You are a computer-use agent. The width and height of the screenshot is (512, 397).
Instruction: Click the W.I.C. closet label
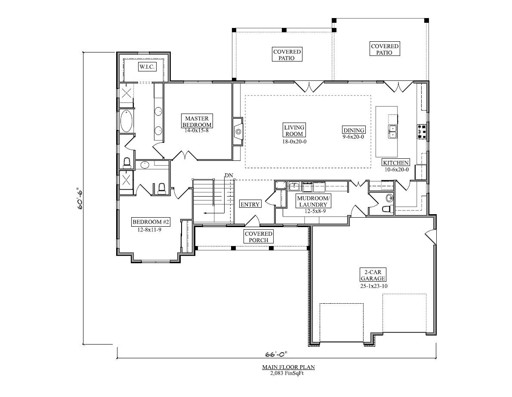pyautogui.click(x=146, y=67)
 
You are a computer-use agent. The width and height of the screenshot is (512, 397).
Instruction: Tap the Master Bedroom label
pyautogui.click(x=197, y=122)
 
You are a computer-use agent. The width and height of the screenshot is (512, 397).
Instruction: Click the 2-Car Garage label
pyautogui.click(x=373, y=275)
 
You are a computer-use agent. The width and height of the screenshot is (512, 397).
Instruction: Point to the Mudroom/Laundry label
pyautogui.click(x=313, y=201)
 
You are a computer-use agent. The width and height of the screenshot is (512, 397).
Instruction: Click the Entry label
pyautogui.click(x=250, y=204)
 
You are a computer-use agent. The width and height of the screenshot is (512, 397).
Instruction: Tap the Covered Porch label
pyautogui.click(x=258, y=237)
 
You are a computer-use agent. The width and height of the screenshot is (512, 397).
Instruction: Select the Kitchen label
pyautogui.click(x=396, y=162)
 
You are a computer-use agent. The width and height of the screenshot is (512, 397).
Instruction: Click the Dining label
pyautogui.click(x=354, y=130)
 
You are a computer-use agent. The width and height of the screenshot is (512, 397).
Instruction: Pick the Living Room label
pyautogui.click(x=294, y=130)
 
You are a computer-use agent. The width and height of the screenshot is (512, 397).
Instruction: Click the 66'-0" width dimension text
pyautogui.click(x=276, y=355)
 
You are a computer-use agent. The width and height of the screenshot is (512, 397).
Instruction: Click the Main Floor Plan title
pyautogui.click(x=289, y=367)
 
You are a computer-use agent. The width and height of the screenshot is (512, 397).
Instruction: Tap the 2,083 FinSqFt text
pyautogui.click(x=289, y=373)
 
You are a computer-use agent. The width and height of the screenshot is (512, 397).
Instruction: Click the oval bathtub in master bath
pyautogui.click(x=126, y=122)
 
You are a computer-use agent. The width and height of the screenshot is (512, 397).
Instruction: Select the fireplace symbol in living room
pyautogui.click(x=237, y=131)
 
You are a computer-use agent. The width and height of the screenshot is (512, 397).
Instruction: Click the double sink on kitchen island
pyautogui.click(x=392, y=131)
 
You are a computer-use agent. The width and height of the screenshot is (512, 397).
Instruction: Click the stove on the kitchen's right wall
pyautogui.click(x=422, y=131)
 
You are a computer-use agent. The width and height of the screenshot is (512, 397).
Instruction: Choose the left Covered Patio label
pyautogui.click(x=287, y=55)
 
